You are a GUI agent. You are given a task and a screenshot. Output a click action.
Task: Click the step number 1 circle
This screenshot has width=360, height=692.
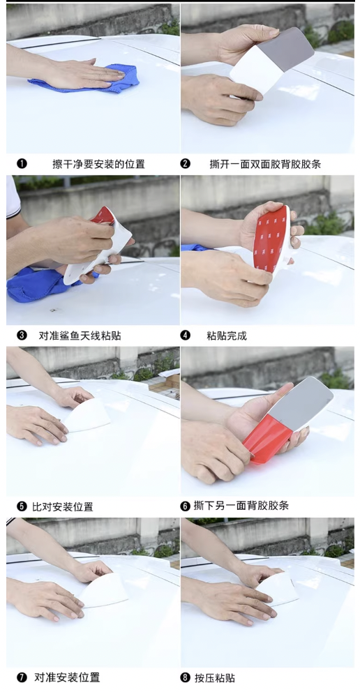point(22,164)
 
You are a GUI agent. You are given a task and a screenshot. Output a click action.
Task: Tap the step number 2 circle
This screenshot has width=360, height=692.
point(186,164)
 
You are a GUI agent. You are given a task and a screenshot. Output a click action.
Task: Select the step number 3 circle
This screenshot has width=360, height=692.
point(22,336)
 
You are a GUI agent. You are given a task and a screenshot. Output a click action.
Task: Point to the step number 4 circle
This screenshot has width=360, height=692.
point(186,336)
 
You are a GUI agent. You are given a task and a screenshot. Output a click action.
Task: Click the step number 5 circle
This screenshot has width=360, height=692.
point(22,506)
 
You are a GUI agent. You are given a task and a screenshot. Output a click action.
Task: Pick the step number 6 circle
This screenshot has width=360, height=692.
point(186,506)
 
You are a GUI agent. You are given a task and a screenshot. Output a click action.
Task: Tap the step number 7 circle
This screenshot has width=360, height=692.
point(22,677)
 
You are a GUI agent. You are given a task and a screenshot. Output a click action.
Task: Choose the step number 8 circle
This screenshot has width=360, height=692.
point(186,677)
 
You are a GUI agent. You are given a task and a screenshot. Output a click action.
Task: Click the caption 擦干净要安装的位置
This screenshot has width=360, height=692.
point(98,164)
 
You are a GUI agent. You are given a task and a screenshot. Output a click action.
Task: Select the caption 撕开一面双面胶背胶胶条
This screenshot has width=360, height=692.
point(265,164)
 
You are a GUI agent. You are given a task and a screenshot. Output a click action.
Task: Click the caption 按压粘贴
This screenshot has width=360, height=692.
point(215,677)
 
